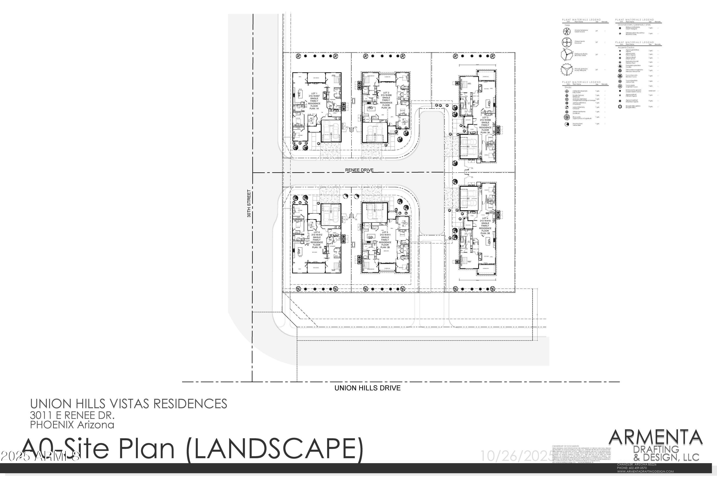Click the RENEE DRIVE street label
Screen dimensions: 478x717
coord(359,170)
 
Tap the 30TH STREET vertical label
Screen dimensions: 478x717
coord(249,203)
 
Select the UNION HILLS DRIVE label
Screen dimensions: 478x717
coord(367,388)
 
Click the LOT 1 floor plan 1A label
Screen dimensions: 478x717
coord(314,101)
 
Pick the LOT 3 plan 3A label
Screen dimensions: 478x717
coord(485,125)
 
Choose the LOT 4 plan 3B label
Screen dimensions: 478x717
coord(485,226)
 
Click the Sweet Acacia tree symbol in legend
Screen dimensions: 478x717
coord(567,31)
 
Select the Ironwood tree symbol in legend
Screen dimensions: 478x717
coord(567,42)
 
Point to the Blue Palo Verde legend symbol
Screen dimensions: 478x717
coord(567,55)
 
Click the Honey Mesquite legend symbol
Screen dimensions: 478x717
coord(567,70)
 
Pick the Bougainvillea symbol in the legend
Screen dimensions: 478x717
coord(620,107)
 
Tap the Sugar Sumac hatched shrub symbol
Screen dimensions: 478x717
coord(567,117)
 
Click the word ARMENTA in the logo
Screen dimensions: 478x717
coord(655,438)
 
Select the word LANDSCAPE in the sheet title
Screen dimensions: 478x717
coord(274,449)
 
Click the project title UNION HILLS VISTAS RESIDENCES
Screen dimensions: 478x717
coord(128,404)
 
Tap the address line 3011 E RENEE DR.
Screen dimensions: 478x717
coord(72,415)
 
